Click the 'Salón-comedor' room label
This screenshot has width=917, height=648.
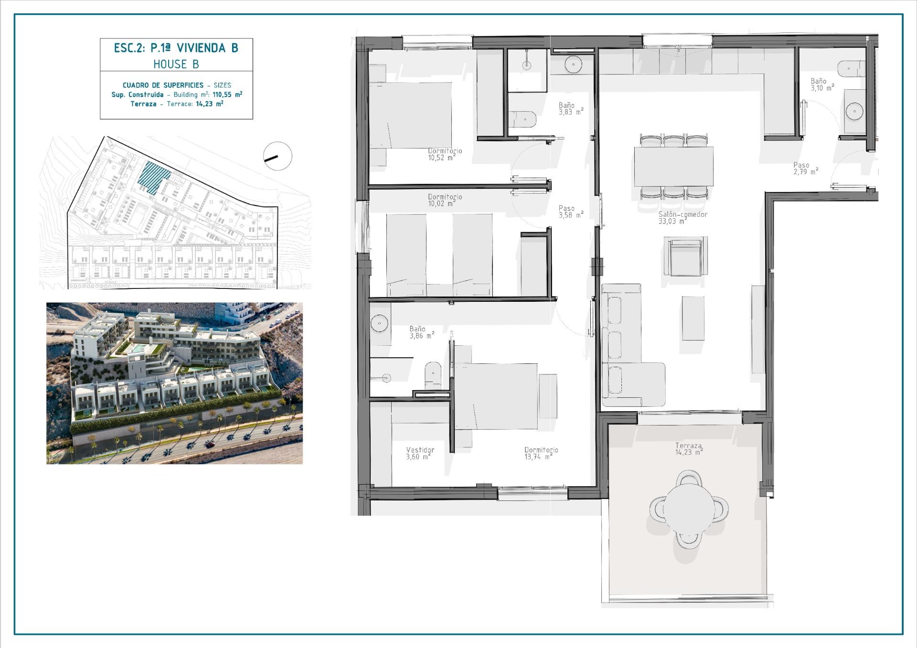[x=682, y=214]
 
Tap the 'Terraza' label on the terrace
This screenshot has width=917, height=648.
[x=688, y=446]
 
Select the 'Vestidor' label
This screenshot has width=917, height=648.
[x=420, y=450]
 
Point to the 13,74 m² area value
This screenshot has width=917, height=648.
[x=538, y=457]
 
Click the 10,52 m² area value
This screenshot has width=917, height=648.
[x=441, y=158]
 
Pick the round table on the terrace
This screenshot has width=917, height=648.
[x=689, y=507]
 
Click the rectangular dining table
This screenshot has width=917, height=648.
[x=673, y=166]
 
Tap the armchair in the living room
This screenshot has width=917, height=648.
[x=685, y=257]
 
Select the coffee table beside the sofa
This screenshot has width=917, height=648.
[x=693, y=318]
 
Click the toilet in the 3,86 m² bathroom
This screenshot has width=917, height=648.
[x=433, y=375]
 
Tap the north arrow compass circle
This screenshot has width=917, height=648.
[x=277, y=156]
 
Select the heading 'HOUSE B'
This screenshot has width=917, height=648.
[x=176, y=64]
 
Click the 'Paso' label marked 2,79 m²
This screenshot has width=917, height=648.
[x=801, y=165]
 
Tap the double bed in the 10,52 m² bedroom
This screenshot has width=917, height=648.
[x=411, y=115]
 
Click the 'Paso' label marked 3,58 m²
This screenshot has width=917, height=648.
[x=566, y=208]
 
